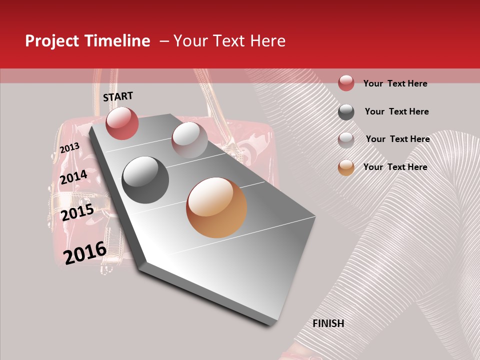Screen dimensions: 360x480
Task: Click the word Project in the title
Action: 52,41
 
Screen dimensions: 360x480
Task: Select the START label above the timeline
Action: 118,96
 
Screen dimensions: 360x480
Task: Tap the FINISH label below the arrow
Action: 328,323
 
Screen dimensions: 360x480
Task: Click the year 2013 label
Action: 69,148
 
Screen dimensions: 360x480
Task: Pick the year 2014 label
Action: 73,177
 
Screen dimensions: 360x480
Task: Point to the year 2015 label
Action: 77,212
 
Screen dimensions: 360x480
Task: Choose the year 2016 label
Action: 85,252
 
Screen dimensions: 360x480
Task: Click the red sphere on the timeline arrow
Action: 122,123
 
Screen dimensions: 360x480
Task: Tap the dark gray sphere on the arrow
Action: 145,180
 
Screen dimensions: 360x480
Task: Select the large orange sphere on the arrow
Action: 216,207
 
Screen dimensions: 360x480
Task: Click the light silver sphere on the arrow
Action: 189,139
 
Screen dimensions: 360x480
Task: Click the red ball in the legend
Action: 346,83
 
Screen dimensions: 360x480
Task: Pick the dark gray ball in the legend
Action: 346,112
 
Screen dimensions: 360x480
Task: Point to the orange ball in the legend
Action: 346,167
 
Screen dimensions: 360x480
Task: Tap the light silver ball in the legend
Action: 346,140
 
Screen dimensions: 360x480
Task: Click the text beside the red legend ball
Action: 395,83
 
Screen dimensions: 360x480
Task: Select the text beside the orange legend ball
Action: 395,167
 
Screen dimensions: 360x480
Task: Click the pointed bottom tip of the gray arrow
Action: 273,324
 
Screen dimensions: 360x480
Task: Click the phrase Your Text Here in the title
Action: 229,41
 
